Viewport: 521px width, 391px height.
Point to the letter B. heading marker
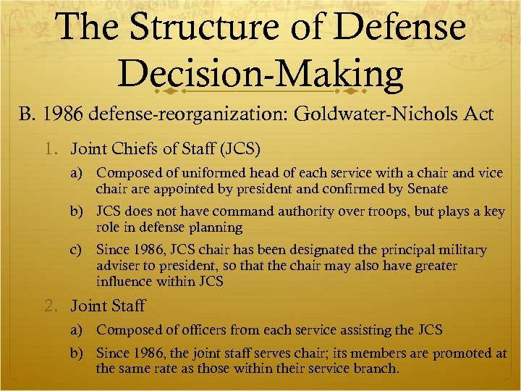(x=27, y=114)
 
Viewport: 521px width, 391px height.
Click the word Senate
(x=428, y=189)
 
